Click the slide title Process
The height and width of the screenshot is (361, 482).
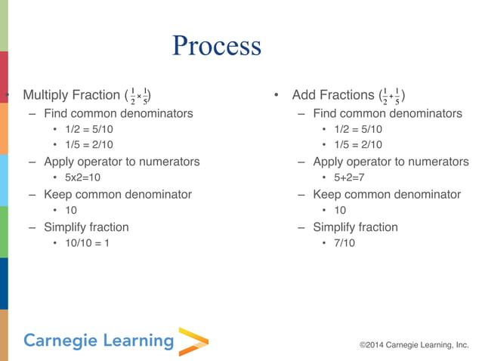point(216,46)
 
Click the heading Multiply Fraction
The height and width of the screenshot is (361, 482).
point(71,95)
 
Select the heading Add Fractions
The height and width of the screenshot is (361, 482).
point(333,95)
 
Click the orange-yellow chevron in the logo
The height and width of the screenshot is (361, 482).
point(193,341)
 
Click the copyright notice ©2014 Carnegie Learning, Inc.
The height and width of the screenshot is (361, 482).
point(414,345)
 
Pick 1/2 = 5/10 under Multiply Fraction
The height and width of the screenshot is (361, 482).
point(89,129)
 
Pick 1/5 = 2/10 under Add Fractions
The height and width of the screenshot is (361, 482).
point(358,145)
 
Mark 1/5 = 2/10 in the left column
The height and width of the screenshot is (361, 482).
point(89,145)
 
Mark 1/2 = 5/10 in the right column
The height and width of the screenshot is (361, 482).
point(358,129)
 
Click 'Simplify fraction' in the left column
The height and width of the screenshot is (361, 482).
point(86,227)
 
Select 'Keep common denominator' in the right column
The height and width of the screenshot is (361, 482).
point(387,194)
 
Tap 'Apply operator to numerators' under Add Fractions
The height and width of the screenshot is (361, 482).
point(391,162)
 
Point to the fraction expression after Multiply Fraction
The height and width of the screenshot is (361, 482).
point(137,96)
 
